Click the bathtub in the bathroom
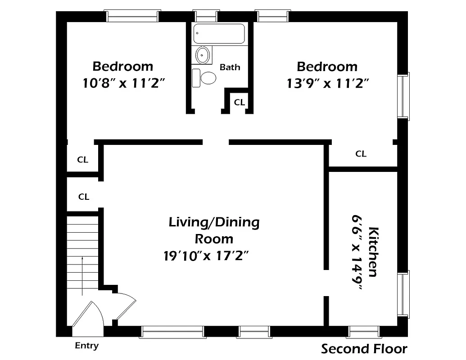(x=219, y=34)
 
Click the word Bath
(x=230, y=67)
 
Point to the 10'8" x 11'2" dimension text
(x=122, y=83)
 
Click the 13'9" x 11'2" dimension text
(x=327, y=83)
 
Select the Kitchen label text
(x=373, y=252)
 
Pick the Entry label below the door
(x=86, y=346)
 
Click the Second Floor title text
(x=364, y=349)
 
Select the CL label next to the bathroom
(x=239, y=103)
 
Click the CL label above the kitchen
(x=361, y=154)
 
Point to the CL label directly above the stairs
(x=84, y=197)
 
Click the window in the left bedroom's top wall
(x=132, y=17)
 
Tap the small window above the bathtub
(x=206, y=17)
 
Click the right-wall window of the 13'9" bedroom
(x=403, y=96)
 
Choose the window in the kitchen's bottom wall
(x=364, y=332)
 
